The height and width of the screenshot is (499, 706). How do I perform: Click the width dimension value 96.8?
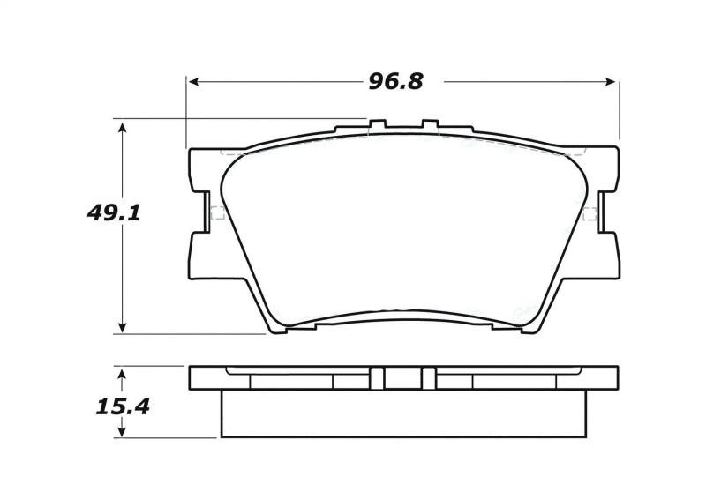[395, 81]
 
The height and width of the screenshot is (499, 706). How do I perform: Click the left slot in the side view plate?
[378, 377]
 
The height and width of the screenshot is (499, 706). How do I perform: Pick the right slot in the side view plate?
[429, 377]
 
